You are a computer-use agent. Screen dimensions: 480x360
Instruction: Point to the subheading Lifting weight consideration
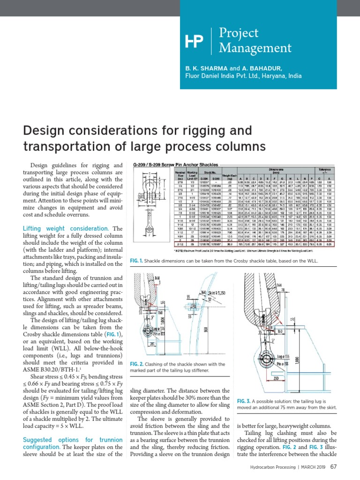pos(66,228)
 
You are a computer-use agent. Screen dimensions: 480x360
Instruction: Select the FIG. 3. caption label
pos(244,401)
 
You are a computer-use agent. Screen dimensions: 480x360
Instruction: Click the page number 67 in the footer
pos(334,466)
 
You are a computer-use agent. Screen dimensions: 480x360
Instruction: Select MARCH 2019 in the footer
pos(310,467)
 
